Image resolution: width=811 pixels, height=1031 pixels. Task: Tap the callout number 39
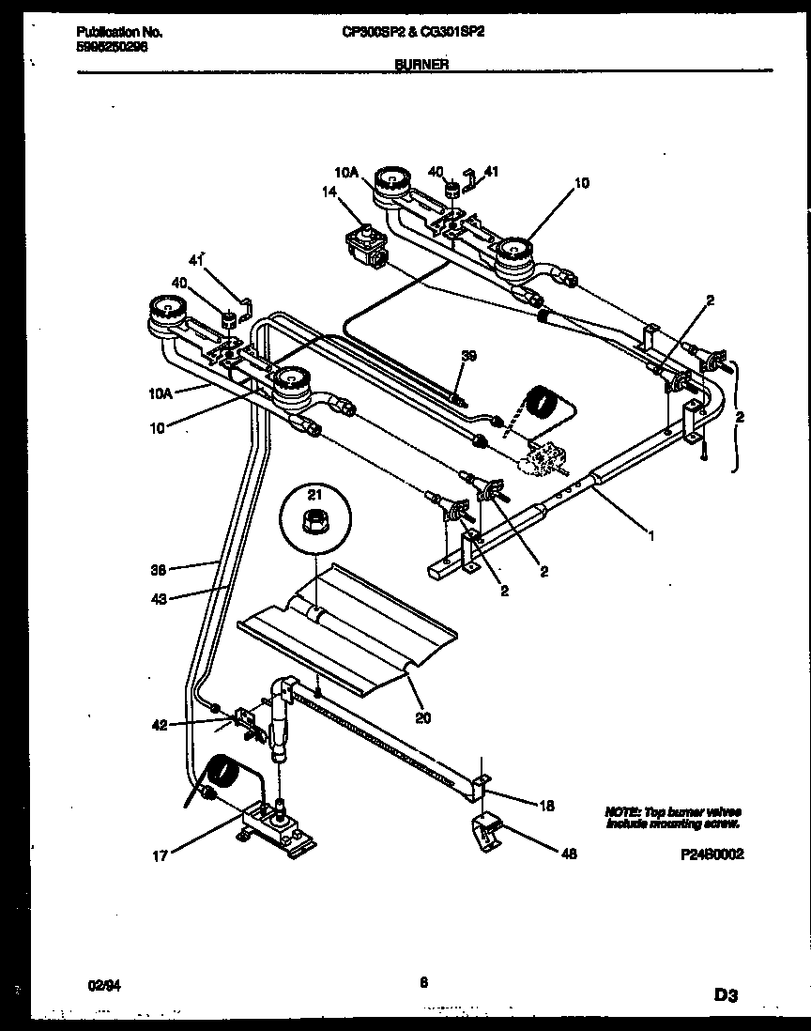click(469, 355)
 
